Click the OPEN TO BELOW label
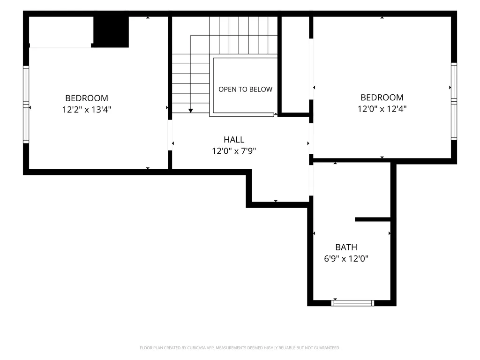(245, 90)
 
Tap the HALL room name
(234, 140)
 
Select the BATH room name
(346, 247)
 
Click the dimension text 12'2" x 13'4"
(87, 110)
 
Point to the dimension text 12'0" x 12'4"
(382, 109)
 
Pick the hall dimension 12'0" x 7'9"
(234, 151)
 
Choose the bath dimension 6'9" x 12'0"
(346, 259)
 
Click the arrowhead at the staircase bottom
(191, 111)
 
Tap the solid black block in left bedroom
(111, 32)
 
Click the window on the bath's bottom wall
(352, 303)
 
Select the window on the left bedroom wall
(26, 105)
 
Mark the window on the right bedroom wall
(454, 101)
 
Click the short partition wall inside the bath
(373, 219)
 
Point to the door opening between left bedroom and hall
(170, 135)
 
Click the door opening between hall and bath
(311, 180)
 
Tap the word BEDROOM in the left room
(87, 98)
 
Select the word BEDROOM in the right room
(382, 97)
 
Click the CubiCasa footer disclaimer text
(240, 348)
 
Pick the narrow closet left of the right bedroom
(295, 64)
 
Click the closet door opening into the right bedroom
(311, 69)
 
